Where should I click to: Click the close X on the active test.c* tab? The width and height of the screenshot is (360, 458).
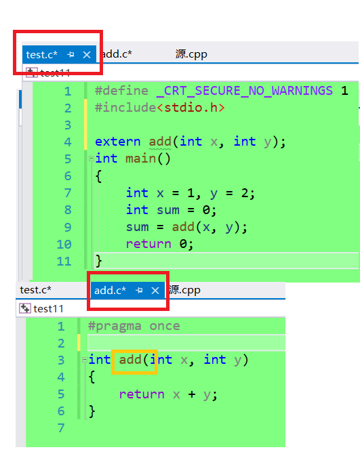coord(87,55)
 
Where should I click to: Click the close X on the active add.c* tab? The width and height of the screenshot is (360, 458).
coord(155,291)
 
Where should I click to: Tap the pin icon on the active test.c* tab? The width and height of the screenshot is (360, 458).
coord(71,55)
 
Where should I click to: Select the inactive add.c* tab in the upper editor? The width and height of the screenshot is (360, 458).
coord(117,54)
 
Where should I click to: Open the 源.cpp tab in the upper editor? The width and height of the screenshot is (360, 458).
coord(191,54)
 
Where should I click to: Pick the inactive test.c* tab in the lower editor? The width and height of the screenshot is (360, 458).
coord(35,290)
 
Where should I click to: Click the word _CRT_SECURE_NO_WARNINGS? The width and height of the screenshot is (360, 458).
coord(245,91)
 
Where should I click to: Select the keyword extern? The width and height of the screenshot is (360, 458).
coord(118,142)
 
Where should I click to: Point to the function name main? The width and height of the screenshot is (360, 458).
coord(141,159)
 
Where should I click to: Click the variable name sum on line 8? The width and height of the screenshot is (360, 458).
coord(168,210)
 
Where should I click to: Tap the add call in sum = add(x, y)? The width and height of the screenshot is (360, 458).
coord(183,227)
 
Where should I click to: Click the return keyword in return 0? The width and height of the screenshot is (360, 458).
coord(148,244)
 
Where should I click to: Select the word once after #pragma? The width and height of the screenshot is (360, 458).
coord(165,326)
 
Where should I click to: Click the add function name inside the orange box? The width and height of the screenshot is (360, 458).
coord(130,360)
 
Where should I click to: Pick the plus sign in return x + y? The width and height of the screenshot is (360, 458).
coord(192,394)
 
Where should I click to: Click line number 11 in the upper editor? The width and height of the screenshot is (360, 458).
coord(64,261)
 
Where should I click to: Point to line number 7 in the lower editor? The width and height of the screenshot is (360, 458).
coord(61,428)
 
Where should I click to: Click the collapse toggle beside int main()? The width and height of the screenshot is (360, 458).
coord(92,159)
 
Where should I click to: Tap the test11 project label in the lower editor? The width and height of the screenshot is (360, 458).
coord(48,309)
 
